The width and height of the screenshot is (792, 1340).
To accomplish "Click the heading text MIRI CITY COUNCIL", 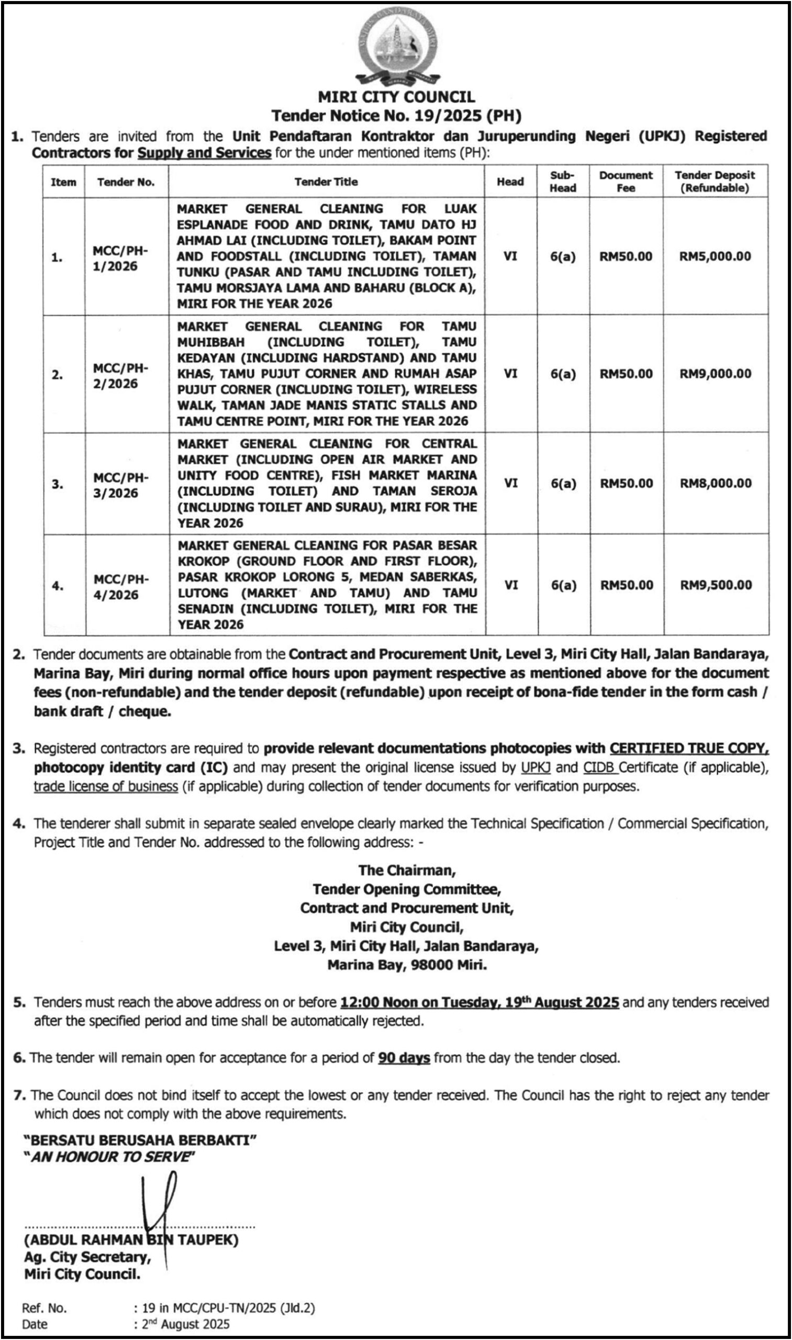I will point(396,97).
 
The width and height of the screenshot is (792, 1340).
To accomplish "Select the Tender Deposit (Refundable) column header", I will point(715,182).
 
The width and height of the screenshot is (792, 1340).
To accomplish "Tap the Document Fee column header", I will point(626,182).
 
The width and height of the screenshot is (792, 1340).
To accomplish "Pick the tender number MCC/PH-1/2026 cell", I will point(120,259).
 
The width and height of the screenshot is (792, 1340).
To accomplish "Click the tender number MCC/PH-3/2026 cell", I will point(120,485).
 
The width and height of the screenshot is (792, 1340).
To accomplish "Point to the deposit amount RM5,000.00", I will point(715,256).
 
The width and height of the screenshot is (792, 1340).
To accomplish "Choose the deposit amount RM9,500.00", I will point(715,585).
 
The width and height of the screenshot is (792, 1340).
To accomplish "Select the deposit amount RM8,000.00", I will point(715,484).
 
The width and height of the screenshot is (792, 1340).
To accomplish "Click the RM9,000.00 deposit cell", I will point(715,374).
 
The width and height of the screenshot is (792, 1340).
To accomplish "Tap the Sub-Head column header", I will point(563,182).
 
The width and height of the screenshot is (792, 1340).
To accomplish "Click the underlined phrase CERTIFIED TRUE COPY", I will point(689,749).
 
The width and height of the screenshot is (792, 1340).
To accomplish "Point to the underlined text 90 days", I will point(404,1058).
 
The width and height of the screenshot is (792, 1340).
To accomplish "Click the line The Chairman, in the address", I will point(407,870).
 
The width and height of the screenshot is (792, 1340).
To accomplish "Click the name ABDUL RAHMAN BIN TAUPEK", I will point(131,1239).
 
